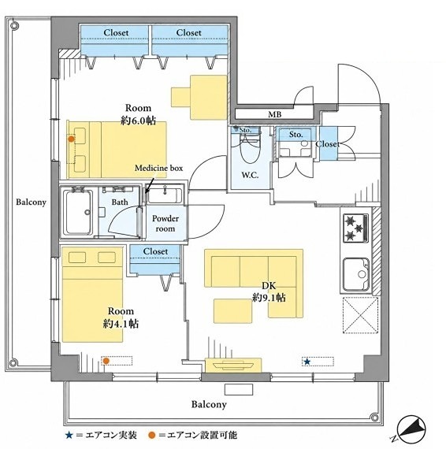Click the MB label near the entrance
coord(274,114)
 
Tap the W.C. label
coord(250,175)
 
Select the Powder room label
coord(165,224)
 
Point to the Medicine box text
coord(158,168)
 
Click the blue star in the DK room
coord(307,362)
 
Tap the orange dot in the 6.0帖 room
coord(71,139)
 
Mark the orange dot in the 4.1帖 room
coord(106,361)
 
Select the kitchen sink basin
coord(357,274)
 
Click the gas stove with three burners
coord(355,228)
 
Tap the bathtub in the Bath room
coord(78,212)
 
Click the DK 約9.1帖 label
coord(269,291)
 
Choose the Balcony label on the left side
coord(31,202)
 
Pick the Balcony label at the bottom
coord(209,404)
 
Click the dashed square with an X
coord(361,315)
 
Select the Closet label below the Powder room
coord(155,251)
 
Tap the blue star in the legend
coord(69,436)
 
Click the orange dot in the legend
coord(152,436)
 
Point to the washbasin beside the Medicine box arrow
coord(164,195)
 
